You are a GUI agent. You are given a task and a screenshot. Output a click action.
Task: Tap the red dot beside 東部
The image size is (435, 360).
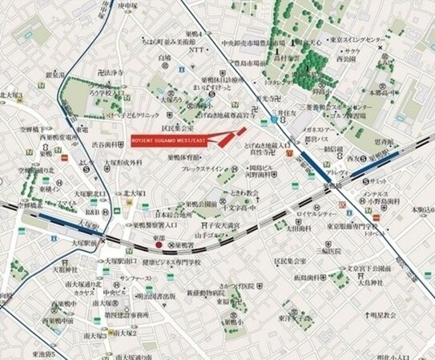pyautogui.click(x=159, y=246)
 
